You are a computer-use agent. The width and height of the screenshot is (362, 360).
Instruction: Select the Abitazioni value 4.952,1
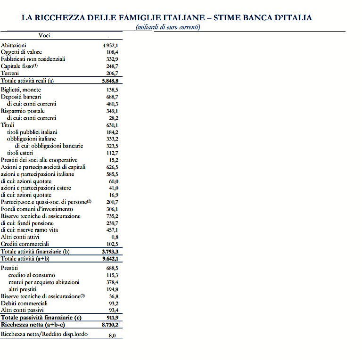(110, 45)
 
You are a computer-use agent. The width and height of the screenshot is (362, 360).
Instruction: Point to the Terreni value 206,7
(112, 74)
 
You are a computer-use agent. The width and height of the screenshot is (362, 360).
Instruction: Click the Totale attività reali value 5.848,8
(110, 81)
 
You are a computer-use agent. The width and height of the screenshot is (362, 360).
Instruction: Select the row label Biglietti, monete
(21, 90)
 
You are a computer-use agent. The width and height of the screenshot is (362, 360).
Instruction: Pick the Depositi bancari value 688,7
(112, 97)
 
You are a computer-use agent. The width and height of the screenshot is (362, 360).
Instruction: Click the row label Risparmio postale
(23, 111)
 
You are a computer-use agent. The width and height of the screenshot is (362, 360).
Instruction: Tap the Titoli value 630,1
(112, 125)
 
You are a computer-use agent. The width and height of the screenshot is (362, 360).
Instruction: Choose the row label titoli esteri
(20, 153)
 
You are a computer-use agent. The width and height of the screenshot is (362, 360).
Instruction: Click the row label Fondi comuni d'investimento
(37, 209)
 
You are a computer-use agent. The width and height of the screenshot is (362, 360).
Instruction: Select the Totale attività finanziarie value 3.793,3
(110, 252)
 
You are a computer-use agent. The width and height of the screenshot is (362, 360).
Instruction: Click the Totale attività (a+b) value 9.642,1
(110, 259)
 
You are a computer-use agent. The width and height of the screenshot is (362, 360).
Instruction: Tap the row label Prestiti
(9, 268)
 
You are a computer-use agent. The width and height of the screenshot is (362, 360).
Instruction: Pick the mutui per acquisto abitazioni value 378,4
(112, 282)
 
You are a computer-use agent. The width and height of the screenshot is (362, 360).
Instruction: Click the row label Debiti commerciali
(24, 303)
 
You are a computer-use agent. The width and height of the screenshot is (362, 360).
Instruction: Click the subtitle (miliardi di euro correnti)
(168, 27)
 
